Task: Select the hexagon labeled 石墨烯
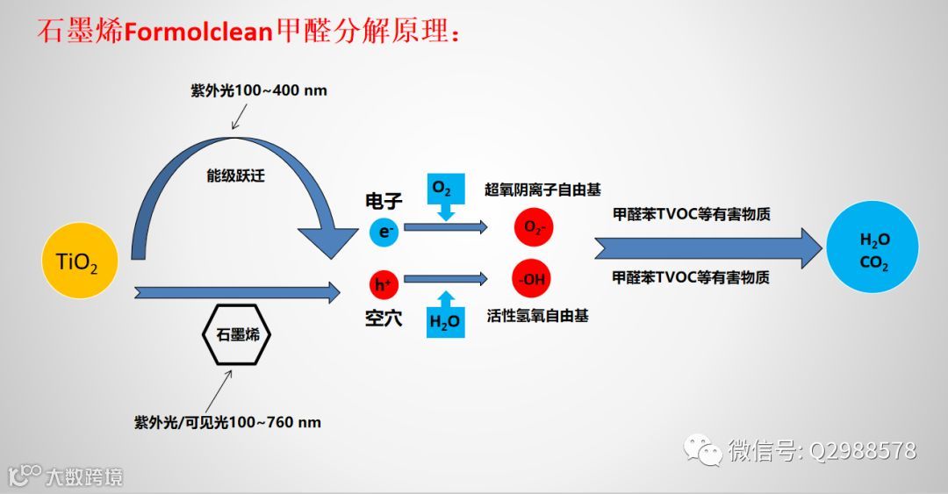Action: point(237,334)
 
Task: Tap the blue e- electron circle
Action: point(384,232)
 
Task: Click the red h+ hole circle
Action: point(384,283)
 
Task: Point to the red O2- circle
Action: point(534,228)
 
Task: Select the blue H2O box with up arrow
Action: point(444,315)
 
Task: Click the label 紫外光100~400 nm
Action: point(259,90)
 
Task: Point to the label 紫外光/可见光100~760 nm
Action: point(227,422)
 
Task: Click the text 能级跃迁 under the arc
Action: point(233,175)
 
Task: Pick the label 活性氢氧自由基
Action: point(537,316)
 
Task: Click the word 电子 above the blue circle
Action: point(384,202)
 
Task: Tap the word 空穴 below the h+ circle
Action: point(384,319)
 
